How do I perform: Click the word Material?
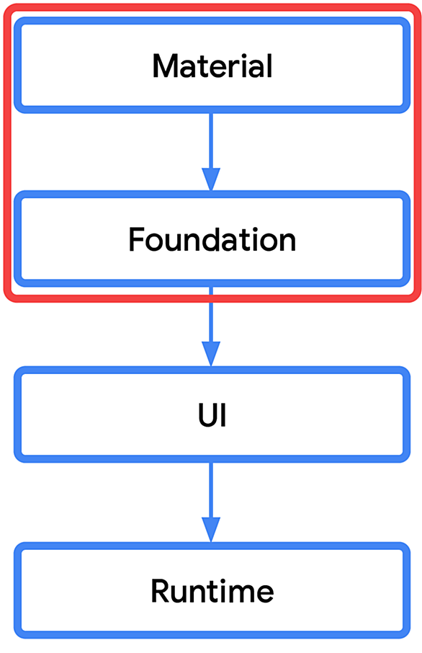[212, 66]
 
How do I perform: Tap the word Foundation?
[212, 239]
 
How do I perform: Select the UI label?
[212, 415]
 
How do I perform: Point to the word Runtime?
[212, 591]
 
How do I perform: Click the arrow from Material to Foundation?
[211, 152]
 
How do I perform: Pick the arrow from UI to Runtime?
[211, 502]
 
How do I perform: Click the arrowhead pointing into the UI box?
[211, 355]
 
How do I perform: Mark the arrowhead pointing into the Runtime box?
[211, 530]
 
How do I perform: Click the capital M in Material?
[164, 66]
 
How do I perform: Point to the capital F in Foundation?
[137, 239]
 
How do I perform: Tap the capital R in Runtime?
[160, 591]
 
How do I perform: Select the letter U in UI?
[208, 415]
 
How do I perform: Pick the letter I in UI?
[224, 415]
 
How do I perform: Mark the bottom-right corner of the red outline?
[417, 298]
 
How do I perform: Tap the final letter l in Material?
[269, 66]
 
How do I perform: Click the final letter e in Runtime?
[266, 594]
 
